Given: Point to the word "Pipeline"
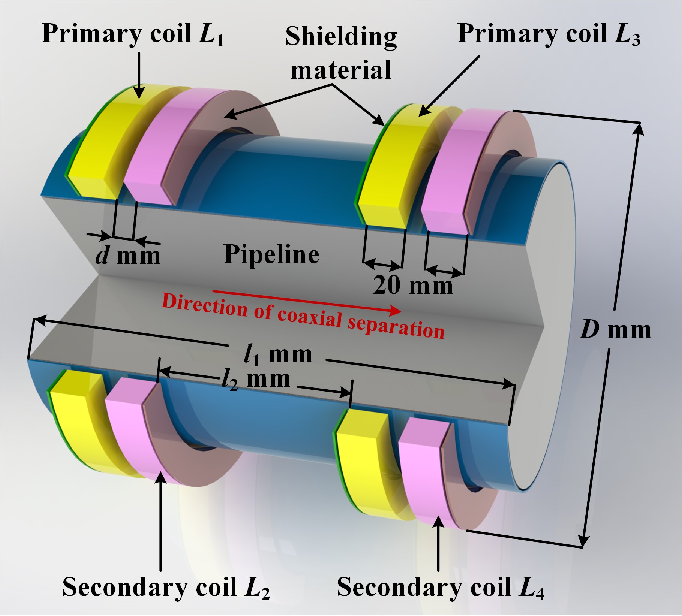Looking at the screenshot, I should click(271, 254).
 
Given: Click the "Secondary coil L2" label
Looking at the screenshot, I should click(166, 587).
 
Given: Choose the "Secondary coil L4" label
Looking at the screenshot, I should click(441, 587).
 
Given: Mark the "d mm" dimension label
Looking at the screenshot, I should click(128, 256).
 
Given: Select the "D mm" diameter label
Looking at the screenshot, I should click(615, 330).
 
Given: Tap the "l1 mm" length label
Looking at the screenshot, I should click(278, 354).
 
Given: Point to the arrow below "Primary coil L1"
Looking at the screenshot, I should click(139, 75).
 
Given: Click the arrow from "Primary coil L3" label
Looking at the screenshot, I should click(450, 85).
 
